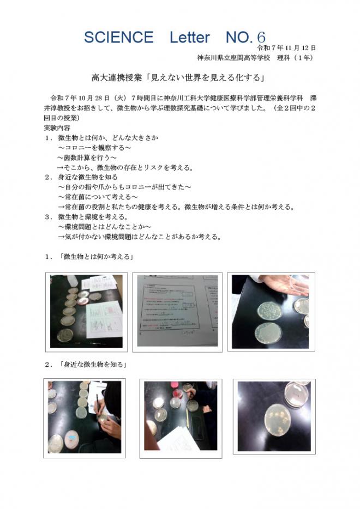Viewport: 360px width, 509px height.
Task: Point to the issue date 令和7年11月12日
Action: pos(289,48)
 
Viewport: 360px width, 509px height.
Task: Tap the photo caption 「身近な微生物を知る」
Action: pos(93,364)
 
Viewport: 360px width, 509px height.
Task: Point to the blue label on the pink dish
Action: pos(71,437)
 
